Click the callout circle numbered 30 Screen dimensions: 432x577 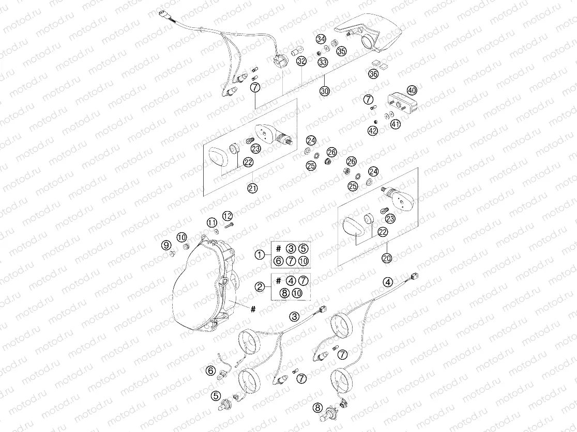[324, 91]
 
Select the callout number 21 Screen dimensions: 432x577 [252, 188]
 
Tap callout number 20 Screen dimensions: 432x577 [386, 258]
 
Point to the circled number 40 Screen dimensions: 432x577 [412, 90]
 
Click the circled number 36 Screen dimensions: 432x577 [373, 74]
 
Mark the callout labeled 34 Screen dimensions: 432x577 [321, 40]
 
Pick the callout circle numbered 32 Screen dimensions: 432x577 [301, 62]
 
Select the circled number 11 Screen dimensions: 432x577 [212, 222]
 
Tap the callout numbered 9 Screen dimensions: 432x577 [166, 245]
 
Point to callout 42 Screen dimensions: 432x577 [373, 131]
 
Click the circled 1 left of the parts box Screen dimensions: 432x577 [260, 254]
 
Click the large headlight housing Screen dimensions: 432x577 [204, 289]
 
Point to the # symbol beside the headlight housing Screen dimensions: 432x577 [253, 309]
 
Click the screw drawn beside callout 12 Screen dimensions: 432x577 [231, 225]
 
